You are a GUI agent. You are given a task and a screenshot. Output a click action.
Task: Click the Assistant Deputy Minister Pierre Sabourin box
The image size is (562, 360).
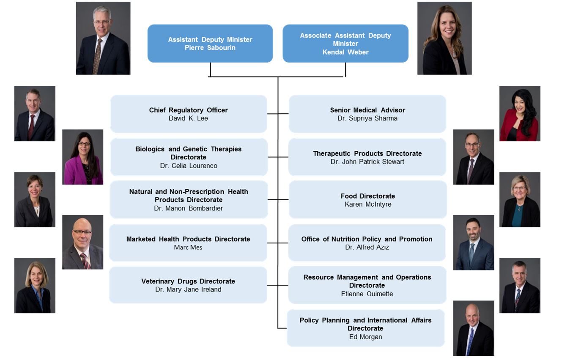point(210,44)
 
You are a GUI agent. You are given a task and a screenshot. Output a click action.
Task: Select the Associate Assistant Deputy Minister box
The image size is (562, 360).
point(345,44)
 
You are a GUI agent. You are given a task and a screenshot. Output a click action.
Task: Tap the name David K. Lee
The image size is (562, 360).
point(188,118)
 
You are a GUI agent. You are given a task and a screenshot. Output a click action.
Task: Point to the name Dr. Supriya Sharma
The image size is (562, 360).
point(367,118)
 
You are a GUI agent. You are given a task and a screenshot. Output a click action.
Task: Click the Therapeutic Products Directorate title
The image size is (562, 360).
point(367,153)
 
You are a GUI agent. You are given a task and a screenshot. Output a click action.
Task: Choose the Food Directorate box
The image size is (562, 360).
point(367,200)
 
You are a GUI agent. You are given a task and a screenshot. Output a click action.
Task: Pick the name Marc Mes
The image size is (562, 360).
point(188,247)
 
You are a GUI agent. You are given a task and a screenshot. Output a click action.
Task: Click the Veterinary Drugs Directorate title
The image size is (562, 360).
point(188,281)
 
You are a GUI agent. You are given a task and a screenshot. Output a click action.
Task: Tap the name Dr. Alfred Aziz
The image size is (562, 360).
point(367,247)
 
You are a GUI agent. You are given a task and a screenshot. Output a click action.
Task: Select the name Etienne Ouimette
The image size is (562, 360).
point(367,294)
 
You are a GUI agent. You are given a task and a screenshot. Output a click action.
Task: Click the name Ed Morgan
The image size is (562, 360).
point(365,337)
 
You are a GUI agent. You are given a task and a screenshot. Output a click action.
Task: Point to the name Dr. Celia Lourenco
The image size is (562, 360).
point(189,166)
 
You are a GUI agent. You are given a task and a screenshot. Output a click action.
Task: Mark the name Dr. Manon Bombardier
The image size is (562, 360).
point(189,208)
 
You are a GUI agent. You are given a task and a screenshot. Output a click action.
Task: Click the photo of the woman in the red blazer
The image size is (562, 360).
point(520,114)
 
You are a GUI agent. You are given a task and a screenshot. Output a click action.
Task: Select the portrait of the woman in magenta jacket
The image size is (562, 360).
point(82,157)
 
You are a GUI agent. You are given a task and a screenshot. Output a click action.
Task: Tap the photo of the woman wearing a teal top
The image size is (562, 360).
point(520,199)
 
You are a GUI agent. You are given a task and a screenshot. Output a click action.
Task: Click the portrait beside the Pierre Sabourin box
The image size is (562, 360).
point(103,38)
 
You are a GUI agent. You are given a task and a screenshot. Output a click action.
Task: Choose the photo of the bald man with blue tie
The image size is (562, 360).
point(474,328)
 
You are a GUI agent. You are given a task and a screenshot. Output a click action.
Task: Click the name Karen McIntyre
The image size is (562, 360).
point(368,205)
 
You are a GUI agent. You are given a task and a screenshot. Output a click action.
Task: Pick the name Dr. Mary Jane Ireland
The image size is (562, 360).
point(188,289)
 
